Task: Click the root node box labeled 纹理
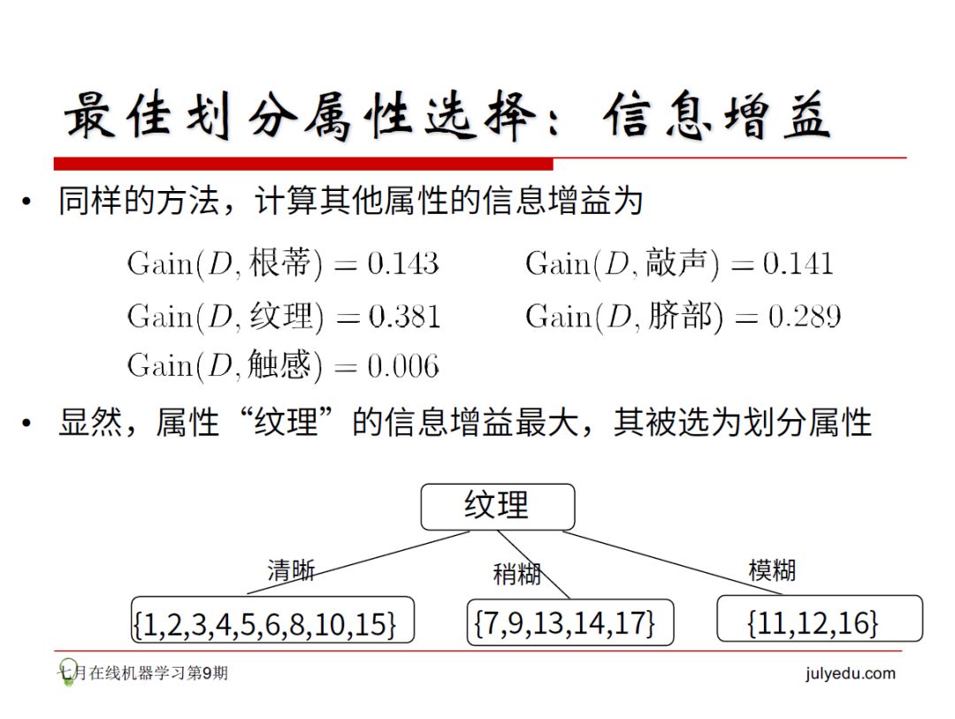pos(497,507)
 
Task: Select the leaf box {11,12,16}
pos(818,622)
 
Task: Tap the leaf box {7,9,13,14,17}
pos(569,622)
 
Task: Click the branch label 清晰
pos(291,570)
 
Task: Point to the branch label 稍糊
pos(517,573)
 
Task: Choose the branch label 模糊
pos(772,570)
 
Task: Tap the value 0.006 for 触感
pos(403,366)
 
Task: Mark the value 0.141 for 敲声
pos(798,264)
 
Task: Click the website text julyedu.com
pos(850,674)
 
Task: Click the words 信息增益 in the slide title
pos(716,117)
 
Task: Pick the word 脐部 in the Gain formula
pos(679,316)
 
